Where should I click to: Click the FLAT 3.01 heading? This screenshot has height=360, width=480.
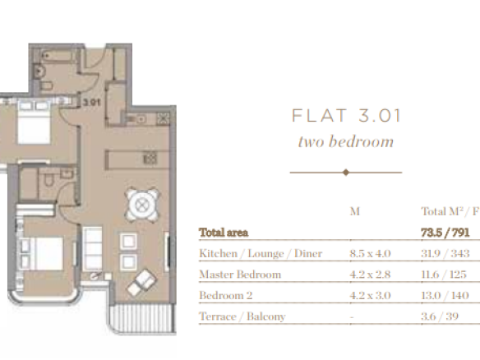pyautogui.click(x=346, y=116)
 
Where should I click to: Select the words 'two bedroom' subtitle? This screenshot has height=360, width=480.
pyautogui.click(x=346, y=141)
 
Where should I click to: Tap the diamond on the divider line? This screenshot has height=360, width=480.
pyautogui.click(x=346, y=173)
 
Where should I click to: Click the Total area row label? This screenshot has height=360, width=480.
pyautogui.click(x=224, y=233)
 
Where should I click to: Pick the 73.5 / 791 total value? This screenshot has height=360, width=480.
pyautogui.click(x=445, y=233)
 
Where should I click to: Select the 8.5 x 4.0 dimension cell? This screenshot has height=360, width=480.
pyautogui.click(x=370, y=253)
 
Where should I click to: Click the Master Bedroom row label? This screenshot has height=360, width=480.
pyautogui.click(x=240, y=275)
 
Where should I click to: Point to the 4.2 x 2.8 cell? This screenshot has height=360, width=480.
pyautogui.click(x=370, y=275)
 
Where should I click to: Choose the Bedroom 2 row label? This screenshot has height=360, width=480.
pyautogui.click(x=226, y=295)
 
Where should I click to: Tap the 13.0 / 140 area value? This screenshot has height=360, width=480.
pyautogui.click(x=445, y=295)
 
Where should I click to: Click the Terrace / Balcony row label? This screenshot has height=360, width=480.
pyautogui.click(x=242, y=316)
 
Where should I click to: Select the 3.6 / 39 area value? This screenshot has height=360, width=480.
pyautogui.click(x=440, y=316)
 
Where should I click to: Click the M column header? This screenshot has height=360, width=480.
pyautogui.click(x=355, y=211)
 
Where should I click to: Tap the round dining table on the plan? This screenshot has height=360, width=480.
pyautogui.click(x=142, y=205)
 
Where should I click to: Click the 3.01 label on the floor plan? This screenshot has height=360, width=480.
pyautogui.click(x=91, y=102)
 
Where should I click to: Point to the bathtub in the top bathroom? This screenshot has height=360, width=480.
pyautogui.click(x=59, y=57)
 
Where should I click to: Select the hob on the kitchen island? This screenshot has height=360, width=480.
pyautogui.click(x=150, y=159)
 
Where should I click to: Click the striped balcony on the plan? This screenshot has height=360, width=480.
pyautogui.click(x=143, y=318)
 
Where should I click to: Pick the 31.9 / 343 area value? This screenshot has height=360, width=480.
pyautogui.click(x=445, y=253)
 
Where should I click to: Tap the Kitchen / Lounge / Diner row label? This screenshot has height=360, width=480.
pyautogui.click(x=261, y=253)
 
